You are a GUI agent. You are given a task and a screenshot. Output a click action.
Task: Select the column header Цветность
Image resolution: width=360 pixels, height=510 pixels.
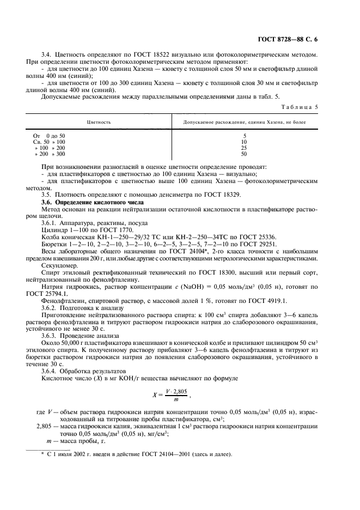click(x=99, y=122)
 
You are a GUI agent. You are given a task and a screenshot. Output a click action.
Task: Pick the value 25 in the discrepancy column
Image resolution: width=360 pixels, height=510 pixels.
click(x=245, y=148)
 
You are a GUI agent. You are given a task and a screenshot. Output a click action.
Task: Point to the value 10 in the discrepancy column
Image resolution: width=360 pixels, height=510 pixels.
click(x=245, y=141)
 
